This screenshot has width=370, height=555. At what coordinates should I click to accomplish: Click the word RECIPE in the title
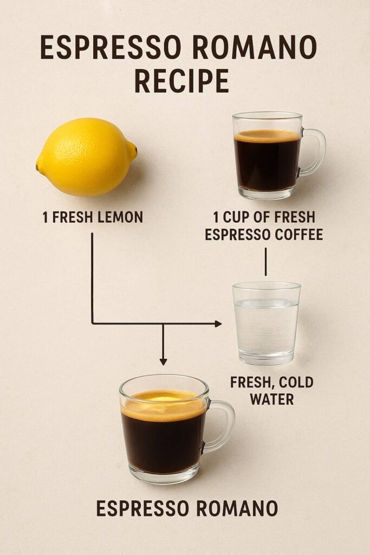181,81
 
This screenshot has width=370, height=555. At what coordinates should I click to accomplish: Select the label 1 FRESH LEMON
93,218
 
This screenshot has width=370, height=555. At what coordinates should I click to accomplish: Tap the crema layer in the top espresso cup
267,136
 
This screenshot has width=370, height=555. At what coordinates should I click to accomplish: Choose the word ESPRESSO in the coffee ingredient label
237,235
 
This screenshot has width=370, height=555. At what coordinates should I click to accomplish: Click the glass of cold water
266,322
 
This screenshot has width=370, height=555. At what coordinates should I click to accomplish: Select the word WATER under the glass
271,399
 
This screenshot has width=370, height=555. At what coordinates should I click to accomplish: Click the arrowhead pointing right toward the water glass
218,324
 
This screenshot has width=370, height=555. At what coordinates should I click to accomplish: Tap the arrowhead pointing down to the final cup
163,361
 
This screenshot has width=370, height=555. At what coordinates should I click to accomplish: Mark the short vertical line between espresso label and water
265,262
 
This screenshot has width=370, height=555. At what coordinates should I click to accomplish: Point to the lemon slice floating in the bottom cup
163,398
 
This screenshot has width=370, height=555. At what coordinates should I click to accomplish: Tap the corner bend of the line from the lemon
92,324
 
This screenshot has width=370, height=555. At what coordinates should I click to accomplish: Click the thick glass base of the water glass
266,358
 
